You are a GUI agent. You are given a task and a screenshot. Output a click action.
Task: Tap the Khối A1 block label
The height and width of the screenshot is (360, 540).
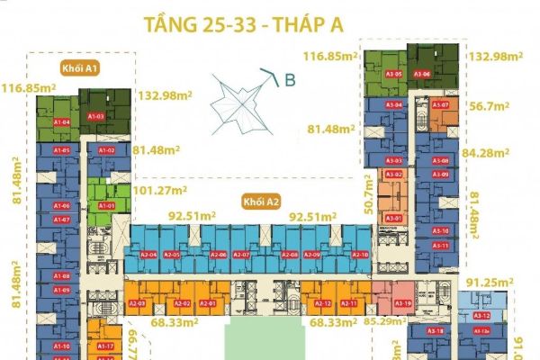coord(75,67)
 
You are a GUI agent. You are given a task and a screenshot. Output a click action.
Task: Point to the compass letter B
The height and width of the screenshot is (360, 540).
coord(290,80)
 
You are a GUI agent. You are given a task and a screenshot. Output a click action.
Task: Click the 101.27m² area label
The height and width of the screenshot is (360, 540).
coord(160,191)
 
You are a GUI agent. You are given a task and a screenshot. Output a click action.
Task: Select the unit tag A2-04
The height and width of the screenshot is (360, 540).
coord(148,255)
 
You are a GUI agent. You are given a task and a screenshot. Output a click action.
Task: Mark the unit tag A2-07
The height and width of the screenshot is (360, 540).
coord(240,255)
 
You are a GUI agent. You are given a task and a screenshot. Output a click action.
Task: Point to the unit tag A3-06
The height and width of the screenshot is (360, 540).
coord(422,74)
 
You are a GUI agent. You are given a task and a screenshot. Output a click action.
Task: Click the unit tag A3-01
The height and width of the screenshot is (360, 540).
coord(393,219)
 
